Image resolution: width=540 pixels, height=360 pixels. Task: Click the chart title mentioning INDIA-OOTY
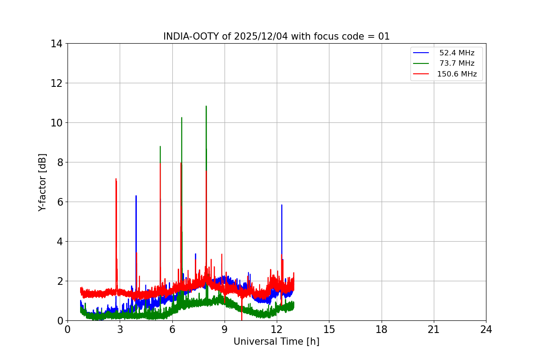[x=276, y=36]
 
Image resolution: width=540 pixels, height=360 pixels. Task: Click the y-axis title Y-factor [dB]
[x=42, y=182]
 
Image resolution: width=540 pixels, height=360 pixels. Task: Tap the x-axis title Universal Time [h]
[x=276, y=342]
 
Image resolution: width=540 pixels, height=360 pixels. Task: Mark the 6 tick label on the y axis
[x=59, y=202]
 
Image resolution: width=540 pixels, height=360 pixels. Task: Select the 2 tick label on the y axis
[x=59, y=281]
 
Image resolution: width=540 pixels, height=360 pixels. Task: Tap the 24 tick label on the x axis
[x=486, y=329]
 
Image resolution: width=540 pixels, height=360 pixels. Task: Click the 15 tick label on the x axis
[x=329, y=329]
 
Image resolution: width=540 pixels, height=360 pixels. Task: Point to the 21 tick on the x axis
[x=434, y=329]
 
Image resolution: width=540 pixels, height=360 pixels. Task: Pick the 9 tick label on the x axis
[x=225, y=329]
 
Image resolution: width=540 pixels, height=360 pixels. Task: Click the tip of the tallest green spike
[x=206, y=106]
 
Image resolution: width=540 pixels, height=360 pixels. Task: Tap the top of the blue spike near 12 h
[x=282, y=205]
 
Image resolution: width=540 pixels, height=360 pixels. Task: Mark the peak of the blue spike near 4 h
[x=136, y=196]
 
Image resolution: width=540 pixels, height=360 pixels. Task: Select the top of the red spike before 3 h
[x=116, y=179]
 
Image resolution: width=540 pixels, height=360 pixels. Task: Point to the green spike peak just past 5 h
[x=160, y=146]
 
